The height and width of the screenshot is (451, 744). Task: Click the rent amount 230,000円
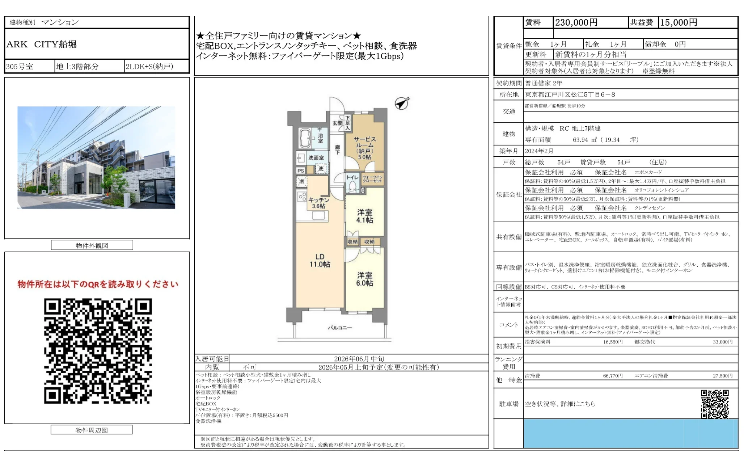coord(576,22)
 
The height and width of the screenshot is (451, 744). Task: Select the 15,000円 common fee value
coord(679,22)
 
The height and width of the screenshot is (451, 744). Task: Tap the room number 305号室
coord(20,67)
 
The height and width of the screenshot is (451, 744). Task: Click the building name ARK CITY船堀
coord(42,44)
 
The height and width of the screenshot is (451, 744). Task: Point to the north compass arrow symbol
coord(401,104)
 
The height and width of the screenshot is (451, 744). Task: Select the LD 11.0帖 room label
coord(320,261)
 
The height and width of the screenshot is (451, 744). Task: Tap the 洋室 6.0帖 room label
coord(364,279)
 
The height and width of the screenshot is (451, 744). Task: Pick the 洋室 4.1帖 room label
coord(364,216)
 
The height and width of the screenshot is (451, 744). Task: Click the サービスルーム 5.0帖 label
coord(364,148)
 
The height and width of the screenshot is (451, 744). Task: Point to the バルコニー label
coord(340,328)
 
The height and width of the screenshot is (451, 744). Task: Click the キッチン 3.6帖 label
coord(318,203)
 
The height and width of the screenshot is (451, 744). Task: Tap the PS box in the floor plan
coord(301,171)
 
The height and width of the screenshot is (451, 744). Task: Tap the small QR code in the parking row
coord(715,404)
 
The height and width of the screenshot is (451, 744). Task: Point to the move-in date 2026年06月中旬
coord(359,359)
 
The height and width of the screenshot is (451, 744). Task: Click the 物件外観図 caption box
coord(92,245)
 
